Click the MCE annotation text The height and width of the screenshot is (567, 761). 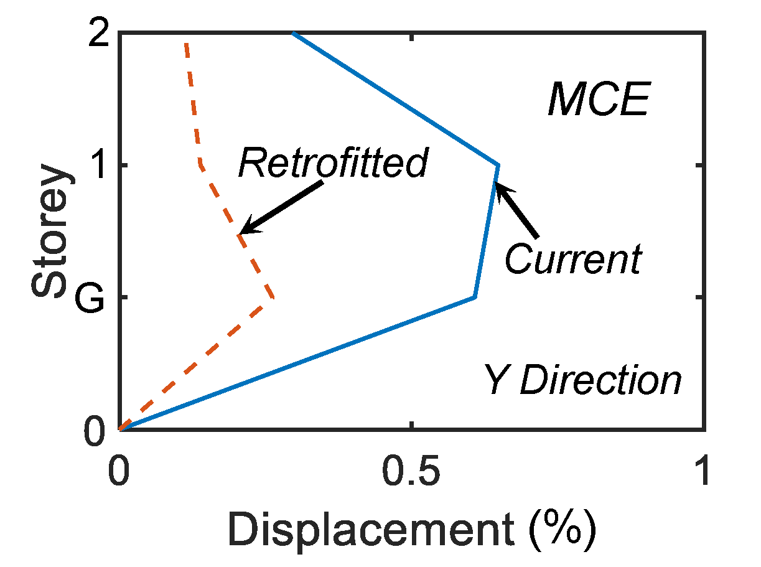tap(599, 101)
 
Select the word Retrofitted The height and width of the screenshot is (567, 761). tap(334, 163)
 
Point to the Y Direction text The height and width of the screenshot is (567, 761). tap(583, 380)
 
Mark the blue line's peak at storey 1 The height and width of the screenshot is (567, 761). tap(498, 165)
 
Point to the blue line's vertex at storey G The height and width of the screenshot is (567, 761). tap(475, 298)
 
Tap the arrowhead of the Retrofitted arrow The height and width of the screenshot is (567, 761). tap(242, 232)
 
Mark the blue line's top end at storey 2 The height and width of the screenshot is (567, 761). tap(293, 33)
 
